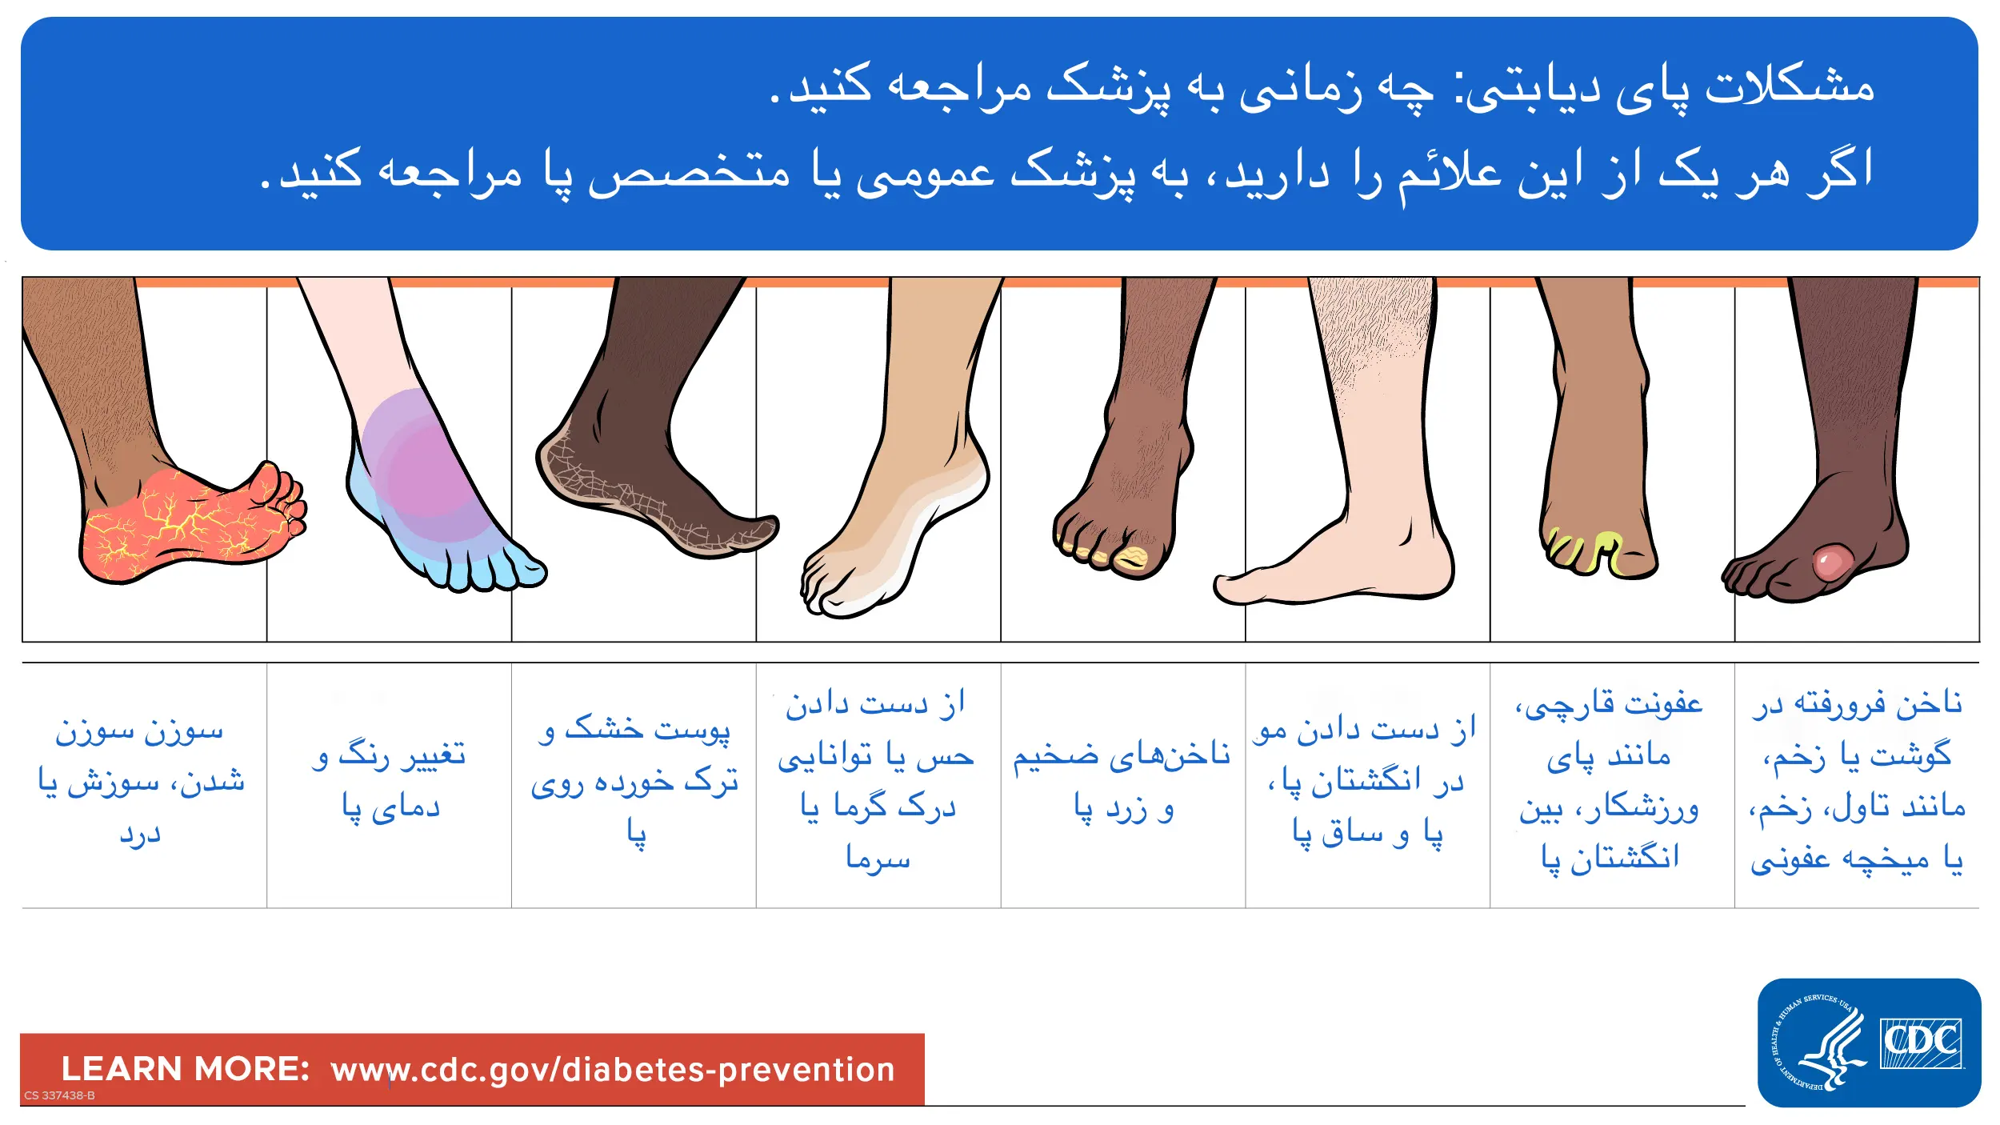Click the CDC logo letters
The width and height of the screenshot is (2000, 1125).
pyautogui.click(x=1920, y=1042)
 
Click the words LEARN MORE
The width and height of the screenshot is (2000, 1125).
pyautogui.click(x=185, y=1069)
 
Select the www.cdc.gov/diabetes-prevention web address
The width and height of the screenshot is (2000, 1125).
pyautogui.click(x=613, y=1070)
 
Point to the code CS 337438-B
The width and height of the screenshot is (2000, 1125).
pyautogui.click(x=59, y=1095)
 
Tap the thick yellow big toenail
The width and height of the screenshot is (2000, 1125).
pyautogui.click(x=1132, y=557)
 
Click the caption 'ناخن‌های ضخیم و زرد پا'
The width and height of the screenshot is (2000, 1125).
pyautogui.click(x=1122, y=780)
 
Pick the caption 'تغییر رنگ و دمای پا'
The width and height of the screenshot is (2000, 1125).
pyautogui.click(x=390, y=780)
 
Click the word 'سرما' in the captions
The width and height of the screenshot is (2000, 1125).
pyautogui.click(x=878, y=857)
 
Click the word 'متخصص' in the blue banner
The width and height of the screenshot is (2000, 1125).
pyautogui.click(x=690, y=172)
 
